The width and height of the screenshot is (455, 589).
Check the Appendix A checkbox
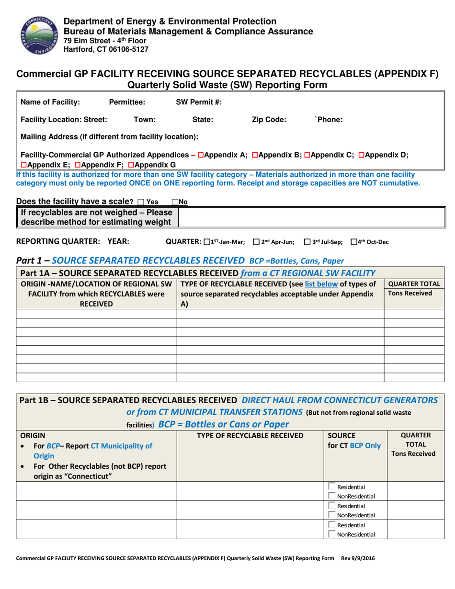click(201, 155)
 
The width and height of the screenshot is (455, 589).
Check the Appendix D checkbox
click(362, 155)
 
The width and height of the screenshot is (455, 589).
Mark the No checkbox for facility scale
click(174, 202)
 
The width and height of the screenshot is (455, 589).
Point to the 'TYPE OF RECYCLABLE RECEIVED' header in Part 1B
click(251, 435)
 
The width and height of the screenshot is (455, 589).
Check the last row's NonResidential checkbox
click(331, 534)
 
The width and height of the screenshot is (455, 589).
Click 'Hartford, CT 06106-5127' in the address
click(106, 49)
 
